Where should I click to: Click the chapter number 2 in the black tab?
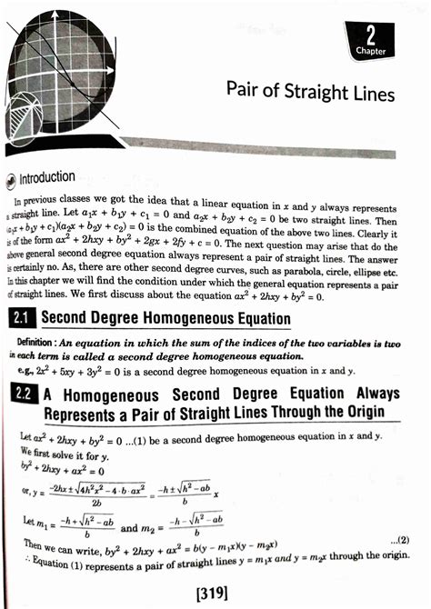point(371,35)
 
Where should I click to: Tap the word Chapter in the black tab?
point(370,52)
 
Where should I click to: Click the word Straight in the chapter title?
point(315,94)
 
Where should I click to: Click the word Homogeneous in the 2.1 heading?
point(168,319)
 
